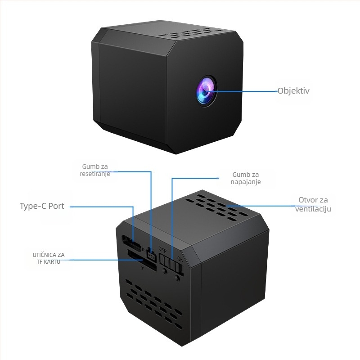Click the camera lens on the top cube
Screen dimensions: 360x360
[x=206, y=91]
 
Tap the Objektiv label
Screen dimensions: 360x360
[x=293, y=91]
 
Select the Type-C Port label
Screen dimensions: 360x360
[x=42, y=206]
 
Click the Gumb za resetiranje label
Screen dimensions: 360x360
[x=95, y=170]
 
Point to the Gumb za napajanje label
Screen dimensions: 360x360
[x=246, y=178]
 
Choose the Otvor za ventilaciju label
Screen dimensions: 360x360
[x=313, y=204]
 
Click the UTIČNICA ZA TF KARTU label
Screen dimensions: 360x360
[x=49, y=258]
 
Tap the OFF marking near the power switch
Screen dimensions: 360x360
[x=162, y=250]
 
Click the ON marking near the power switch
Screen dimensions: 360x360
[x=180, y=260]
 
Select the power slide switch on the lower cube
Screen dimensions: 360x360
[x=171, y=262]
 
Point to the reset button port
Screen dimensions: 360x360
[x=151, y=255]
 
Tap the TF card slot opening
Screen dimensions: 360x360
[x=142, y=261]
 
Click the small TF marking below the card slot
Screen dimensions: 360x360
[x=142, y=268]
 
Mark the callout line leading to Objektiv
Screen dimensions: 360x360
[x=242, y=91]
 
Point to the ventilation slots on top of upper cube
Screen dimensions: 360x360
[x=190, y=33]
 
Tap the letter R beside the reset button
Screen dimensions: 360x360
[x=144, y=250]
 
